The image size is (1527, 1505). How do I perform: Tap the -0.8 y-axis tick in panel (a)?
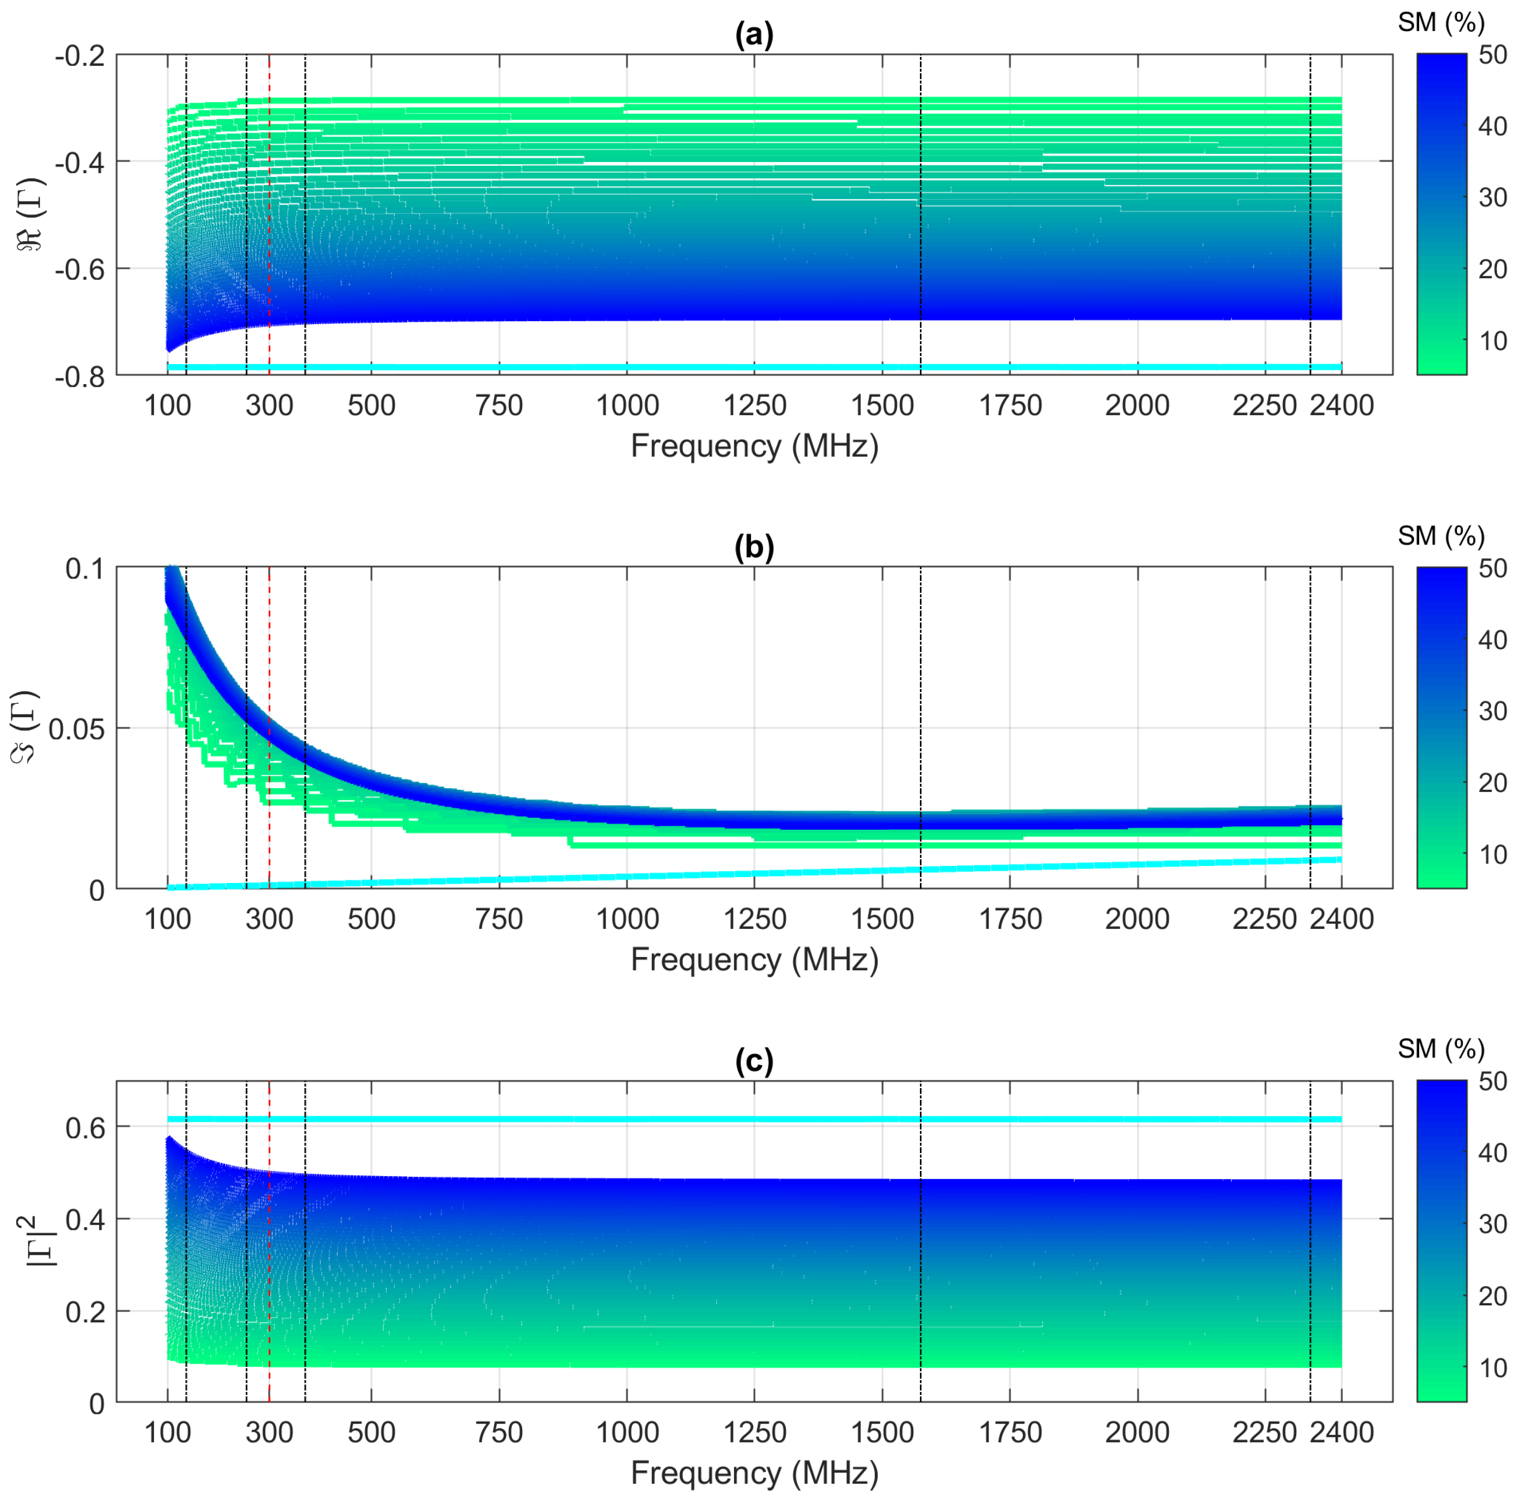point(80,377)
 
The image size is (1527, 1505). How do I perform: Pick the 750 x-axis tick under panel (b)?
point(499,919)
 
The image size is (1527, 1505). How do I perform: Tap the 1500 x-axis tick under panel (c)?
point(882,1432)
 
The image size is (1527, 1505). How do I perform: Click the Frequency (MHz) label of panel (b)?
point(754,960)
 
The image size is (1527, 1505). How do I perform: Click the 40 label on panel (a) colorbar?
point(1492,126)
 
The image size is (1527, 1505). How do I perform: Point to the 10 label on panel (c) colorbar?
point(1492,1368)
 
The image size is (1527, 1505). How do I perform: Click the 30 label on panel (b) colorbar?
point(1492,711)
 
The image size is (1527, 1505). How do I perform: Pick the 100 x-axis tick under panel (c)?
point(167,1432)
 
